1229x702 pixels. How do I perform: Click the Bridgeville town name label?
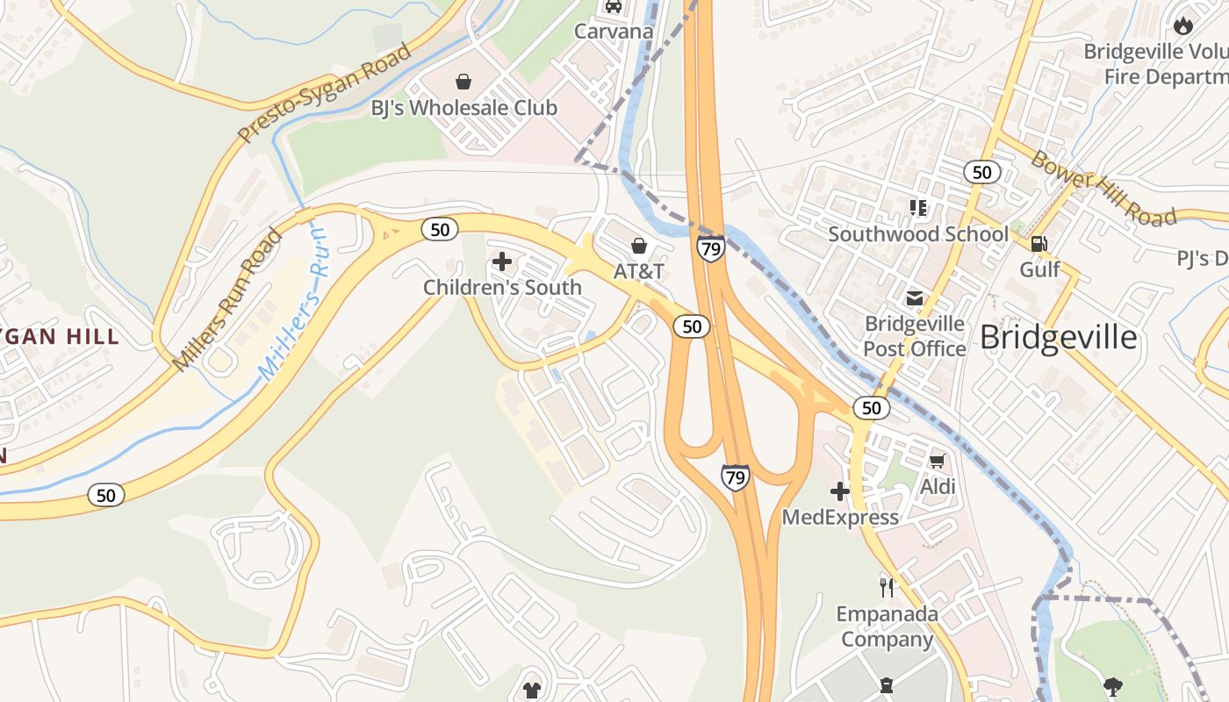[x=1058, y=338]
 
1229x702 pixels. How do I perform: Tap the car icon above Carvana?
[x=614, y=6]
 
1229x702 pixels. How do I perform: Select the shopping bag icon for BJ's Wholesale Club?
[x=464, y=82]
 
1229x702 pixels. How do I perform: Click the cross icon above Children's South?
[x=502, y=261]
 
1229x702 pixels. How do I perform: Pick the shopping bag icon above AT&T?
[x=639, y=246]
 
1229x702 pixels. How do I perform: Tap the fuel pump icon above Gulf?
[x=1039, y=244]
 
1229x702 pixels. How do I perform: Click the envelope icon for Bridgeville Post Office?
[x=915, y=298]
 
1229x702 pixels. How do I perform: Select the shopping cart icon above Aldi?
[x=937, y=461]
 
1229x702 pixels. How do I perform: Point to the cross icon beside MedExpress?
[x=840, y=491]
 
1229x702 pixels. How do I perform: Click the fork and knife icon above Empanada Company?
[x=886, y=586]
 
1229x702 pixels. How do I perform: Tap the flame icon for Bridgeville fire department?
[x=1183, y=25]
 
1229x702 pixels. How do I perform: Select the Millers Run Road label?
[x=228, y=299]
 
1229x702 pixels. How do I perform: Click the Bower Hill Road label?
[x=1103, y=188]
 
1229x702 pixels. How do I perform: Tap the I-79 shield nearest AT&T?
[x=711, y=249]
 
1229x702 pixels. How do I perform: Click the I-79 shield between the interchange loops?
[x=735, y=477]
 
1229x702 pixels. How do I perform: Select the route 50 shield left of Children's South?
[x=440, y=230]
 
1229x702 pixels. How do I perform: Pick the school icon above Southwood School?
[x=918, y=208]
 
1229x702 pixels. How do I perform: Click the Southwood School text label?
[x=918, y=234]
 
